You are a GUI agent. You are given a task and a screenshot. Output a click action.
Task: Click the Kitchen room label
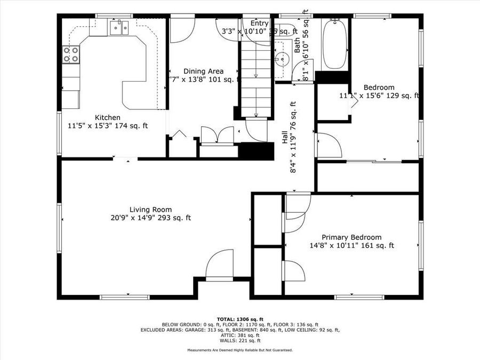point(107,117)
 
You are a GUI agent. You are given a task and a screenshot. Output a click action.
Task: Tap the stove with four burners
point(71,54)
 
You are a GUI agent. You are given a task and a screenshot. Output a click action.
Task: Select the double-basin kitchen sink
point(121,28)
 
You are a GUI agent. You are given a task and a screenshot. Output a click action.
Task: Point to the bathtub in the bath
point(334,44)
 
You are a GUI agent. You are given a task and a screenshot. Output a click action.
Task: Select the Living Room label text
point(150,210)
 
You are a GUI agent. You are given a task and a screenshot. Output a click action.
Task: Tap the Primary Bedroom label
point(351,237)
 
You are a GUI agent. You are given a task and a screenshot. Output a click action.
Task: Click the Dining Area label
point(203,71)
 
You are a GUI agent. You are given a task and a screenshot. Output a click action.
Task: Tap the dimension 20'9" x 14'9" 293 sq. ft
point(150,218)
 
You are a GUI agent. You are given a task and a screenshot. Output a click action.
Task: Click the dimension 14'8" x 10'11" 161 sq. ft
point(351,246)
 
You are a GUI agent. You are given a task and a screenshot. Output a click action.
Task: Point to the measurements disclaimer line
point(239,350)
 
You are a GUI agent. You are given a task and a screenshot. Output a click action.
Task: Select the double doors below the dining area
point(217,135)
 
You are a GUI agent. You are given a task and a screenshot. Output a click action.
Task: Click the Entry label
point(260,23)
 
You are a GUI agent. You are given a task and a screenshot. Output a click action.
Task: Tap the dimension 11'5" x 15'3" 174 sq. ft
point(107,126)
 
